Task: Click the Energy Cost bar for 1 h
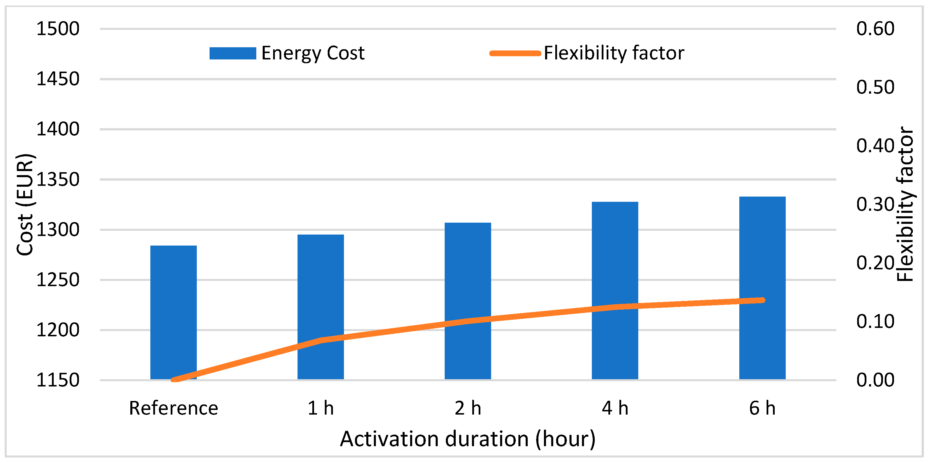pyautogui.click(x=320, y=288)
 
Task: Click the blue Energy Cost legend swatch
pyautogui.click(x=232, y=53)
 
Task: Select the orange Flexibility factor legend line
pyautogui.click(x=515, y=53)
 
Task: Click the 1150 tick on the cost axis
pyautogui.click(x=58, y=380)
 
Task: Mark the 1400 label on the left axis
pyautogui.click(x=58, y=129)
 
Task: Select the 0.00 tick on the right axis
pyautogui.click(x=875, y=380)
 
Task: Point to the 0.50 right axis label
pyautogui.click(x=875, y=87)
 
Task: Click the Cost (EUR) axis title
pyautogui.click(x=25, y=205)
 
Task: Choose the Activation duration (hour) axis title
pyautogui.click(x=468, y=439)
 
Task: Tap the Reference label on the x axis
pyautogui.click(x=173, y=408)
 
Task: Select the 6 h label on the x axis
pyautogui.click(x=762, y=408)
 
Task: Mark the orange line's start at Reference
pyautogui.click(x=174, y=380)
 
